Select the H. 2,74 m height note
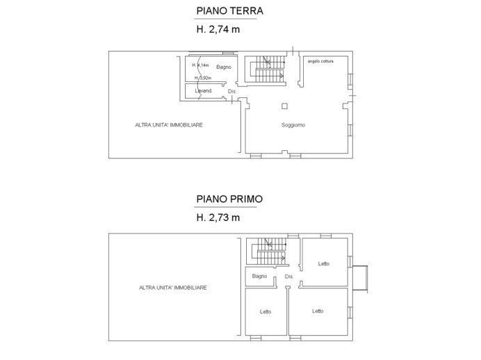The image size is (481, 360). pyautogui.click(x=219, y=30)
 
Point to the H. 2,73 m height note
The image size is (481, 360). pyautogui.click(x=219, y=217)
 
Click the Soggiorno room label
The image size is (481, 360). pyautogui.click(x=294, y=124)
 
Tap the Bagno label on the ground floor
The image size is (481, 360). pyautogui.click(x=223, y=66)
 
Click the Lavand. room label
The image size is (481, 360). pyautogui.click(x=203, y=90)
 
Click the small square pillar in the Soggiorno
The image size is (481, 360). pyautogui.click(x=284, y=106)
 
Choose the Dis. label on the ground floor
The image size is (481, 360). pyautogui.click(x=232, y=91)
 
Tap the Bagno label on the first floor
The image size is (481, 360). pyautogui.click(x=260, y=277)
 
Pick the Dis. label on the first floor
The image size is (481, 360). pyautogui.click(x=290, y=277)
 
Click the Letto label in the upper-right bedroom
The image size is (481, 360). pyautogui.click(x=324, y=263)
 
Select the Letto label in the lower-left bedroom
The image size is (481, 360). pyautogui.click(x=266, y=311)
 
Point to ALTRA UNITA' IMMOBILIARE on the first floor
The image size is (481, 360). pyautogui.click(x=173, y=287)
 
